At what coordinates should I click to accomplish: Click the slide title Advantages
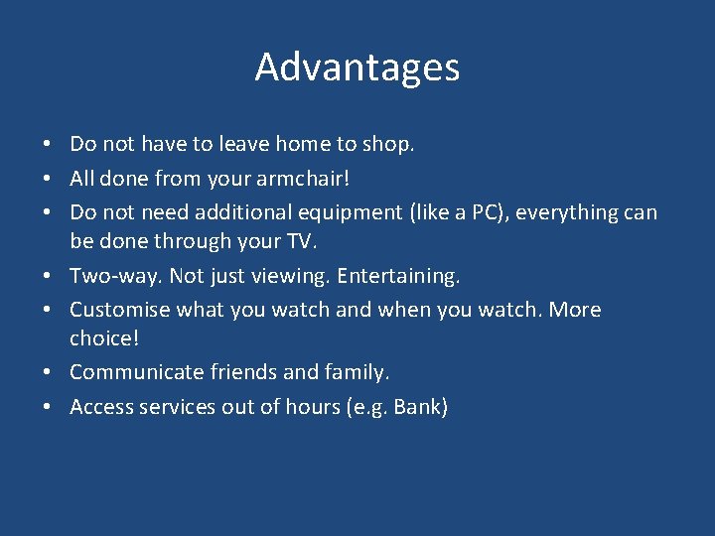coord(357,67)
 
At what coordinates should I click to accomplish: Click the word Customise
coord(120,310)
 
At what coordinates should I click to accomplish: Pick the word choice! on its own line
coord(104,338)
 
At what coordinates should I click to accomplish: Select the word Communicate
coord(136,372)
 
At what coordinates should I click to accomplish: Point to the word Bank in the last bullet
coord(420,407)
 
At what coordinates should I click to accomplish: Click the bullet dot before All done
coord(48,180)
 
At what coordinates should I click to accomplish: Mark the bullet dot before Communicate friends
coord(48,373)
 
